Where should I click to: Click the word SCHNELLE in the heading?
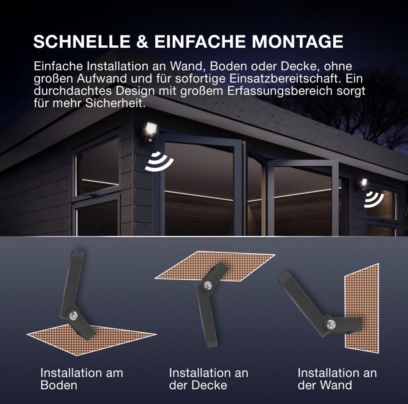pyautogui.click(x=82, y=41)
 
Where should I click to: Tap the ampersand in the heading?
pyautogui.click(x=142, y=41)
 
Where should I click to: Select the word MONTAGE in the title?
pyautogui.click(x=297, y=41)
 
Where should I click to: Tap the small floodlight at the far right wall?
pyautogui.click(x=363, y=184)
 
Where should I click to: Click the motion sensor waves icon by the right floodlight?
pyautogui.click(x=374, y=200)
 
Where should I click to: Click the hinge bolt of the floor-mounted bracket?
pyautogui.click(x=73, y=315)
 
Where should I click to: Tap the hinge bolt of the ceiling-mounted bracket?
pyautogui.click(x=208, y=285)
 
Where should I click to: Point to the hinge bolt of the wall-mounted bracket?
pyautogui.click(x=331, y=324)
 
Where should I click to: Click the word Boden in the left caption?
pyautogui.click(x=59, y=385)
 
